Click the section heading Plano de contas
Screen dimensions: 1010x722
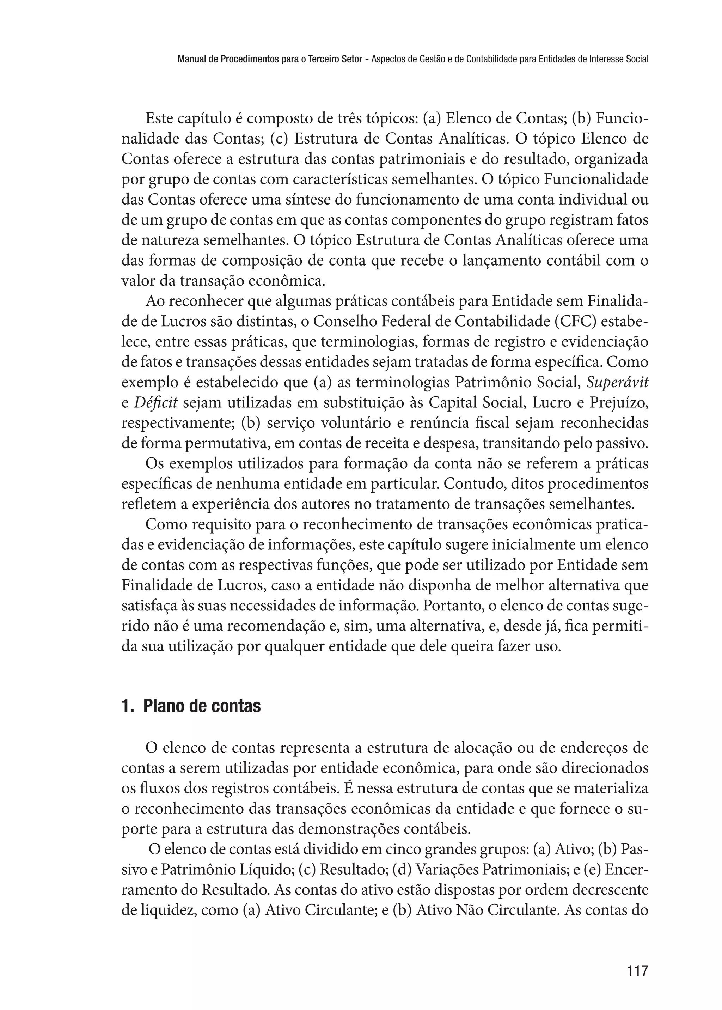pos(202,706)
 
